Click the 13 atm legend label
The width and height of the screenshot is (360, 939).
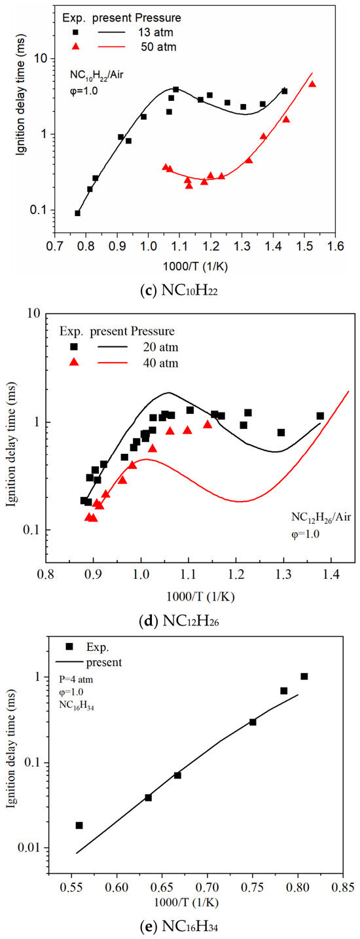point(156,32)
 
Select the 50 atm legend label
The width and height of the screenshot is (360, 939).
point(158,46)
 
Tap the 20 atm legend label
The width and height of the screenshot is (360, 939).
point(160,347)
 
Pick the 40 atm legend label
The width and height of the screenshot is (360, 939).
point(160,363)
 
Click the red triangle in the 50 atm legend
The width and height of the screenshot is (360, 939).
point(76,46)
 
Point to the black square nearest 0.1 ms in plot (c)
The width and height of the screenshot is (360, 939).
point(77,213)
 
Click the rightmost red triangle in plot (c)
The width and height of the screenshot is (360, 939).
point(312,84)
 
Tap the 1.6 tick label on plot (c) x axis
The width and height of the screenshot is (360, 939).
point(335,246)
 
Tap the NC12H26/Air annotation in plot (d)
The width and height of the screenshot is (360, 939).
point(321,518)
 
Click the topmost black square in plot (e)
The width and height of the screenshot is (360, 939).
point(304,676)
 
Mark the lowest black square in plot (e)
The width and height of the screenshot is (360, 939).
point(79,826)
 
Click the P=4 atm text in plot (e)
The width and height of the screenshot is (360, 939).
point(77,680)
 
